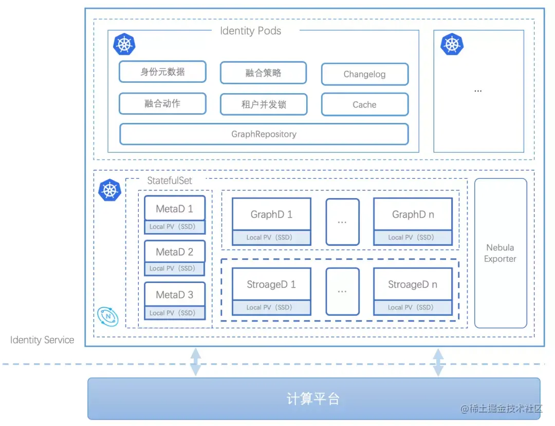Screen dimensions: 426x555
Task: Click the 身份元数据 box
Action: [x=162, y=72]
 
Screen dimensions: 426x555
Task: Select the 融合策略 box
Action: [x=263, y=73]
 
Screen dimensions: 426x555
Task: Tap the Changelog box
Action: [x=364, y=74]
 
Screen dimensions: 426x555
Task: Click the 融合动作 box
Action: [x=162, y=103]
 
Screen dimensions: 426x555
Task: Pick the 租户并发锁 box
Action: [x=263, y=104]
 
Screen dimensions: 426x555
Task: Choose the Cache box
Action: [x=364, y=104]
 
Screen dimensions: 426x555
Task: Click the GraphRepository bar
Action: [x=264, y=134]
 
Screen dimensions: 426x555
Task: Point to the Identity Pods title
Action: [x=250, y=31]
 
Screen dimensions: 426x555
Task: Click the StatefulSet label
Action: [x=169, y=181]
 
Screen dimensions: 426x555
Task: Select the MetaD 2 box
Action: [x=175, y=252]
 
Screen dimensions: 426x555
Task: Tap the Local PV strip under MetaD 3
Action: [x=175, y=313]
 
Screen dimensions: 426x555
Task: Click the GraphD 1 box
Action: [x=271, y=215]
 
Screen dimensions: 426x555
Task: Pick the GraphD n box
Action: [x=413, y=215]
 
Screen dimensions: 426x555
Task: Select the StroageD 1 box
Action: [x=271, y=285]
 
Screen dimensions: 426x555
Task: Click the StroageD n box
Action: [x=413, y=285]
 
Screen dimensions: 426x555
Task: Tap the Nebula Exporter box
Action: [x=500, y=253]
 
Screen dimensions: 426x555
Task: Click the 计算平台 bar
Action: [x=313, y=399]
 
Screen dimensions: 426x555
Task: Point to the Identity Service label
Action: [x=42, y=340]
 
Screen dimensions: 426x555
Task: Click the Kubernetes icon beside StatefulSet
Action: [x=109, y=190]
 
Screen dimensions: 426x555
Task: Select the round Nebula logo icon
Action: [x=108, y=316]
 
